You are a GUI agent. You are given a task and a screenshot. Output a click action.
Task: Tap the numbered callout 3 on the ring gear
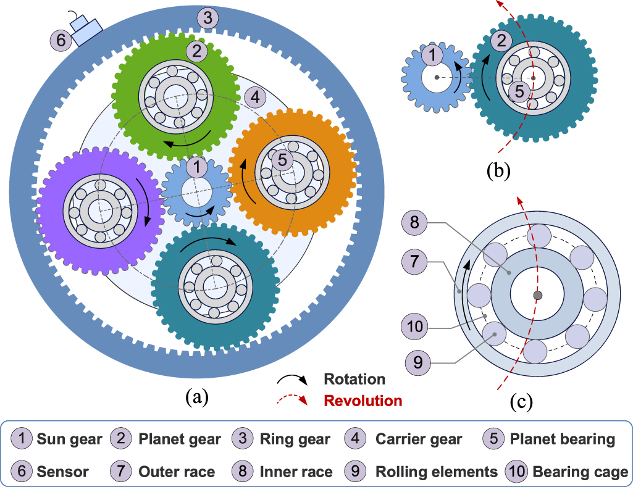coord(208,18)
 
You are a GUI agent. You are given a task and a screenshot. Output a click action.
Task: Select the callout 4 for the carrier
coord(254,97)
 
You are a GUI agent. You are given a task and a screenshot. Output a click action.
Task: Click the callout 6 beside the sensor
coord(61,41)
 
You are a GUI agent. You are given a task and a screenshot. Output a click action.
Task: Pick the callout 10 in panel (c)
coord(416,325)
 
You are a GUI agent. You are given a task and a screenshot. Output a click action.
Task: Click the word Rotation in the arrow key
coord(354,379)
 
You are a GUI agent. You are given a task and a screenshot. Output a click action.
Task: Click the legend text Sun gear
coord(69,439)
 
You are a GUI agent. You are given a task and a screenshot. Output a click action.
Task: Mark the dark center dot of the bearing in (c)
coord(538,296)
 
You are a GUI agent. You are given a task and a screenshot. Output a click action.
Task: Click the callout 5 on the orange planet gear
coord(282,160)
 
